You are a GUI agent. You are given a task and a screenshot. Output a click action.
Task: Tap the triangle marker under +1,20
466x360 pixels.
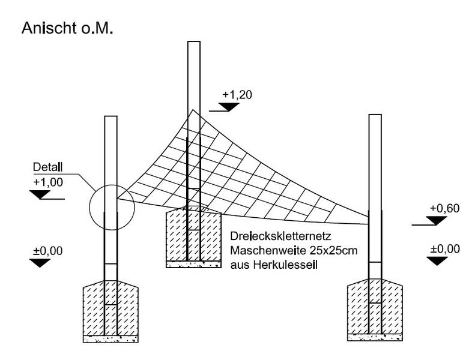coord(227,107)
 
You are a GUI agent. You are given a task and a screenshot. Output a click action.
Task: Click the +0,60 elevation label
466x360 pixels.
coord(444,208)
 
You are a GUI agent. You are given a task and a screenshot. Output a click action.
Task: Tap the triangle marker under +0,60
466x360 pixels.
coord(436,221)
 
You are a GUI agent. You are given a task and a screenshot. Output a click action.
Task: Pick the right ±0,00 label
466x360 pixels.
coord(445,248)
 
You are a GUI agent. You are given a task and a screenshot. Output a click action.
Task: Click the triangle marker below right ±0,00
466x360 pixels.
coord(437,260)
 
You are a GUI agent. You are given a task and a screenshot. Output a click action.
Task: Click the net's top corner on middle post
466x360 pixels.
coord(192,110)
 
